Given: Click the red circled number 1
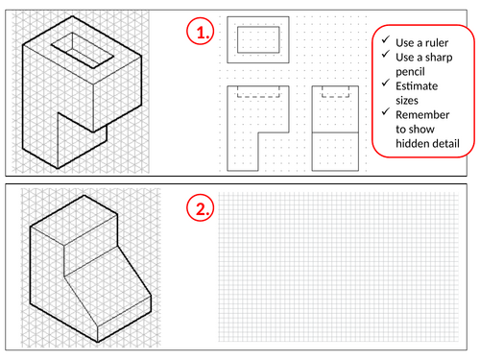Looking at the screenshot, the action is (201, 31).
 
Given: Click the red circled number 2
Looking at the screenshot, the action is (201, 208).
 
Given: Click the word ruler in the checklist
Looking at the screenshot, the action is (436, 43).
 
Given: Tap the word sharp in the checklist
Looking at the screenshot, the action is (439, 58).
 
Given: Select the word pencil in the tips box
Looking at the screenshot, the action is (410, 72).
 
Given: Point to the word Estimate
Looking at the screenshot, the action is (417, 86).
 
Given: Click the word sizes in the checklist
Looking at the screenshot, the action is (407, 101).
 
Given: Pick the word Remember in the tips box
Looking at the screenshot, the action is (422, 115).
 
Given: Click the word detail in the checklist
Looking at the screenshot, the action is (445, 143).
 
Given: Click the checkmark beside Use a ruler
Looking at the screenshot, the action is (386, 39).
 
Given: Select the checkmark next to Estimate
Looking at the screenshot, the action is (386, 83).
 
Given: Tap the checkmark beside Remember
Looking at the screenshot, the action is (386, 111).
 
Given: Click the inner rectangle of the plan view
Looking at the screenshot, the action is (258, 27).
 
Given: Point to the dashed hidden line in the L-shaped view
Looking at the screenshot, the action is (258, 97).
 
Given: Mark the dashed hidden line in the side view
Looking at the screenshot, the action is (335, 97).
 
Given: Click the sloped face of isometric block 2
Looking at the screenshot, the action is (108, 286).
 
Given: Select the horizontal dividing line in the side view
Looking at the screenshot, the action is (335, 132).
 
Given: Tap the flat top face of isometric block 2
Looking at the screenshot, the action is (74, 221).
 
